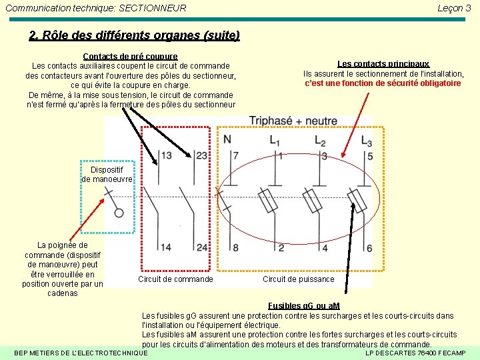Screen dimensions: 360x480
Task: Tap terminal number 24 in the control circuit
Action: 201,247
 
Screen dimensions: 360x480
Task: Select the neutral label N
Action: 227,139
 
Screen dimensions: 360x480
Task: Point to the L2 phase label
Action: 320,140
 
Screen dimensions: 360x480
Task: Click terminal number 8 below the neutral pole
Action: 235,248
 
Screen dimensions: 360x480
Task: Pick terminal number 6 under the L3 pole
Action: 369,248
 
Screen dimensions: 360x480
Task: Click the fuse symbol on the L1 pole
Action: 268,201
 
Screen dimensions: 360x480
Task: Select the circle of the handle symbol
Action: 119,213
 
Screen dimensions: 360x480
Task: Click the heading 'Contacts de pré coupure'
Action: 130,57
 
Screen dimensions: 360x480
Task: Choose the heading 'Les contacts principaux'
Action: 383,64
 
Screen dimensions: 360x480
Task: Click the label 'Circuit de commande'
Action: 175,279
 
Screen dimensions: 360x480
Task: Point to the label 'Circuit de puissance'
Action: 298,279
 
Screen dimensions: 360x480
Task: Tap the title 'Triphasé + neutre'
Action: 293,121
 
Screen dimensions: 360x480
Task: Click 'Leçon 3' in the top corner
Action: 454,8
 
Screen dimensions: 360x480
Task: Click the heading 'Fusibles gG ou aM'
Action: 303,305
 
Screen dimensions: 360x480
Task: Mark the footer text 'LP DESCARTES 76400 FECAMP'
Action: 416,353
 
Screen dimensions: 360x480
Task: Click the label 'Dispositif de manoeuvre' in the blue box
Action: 107,175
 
